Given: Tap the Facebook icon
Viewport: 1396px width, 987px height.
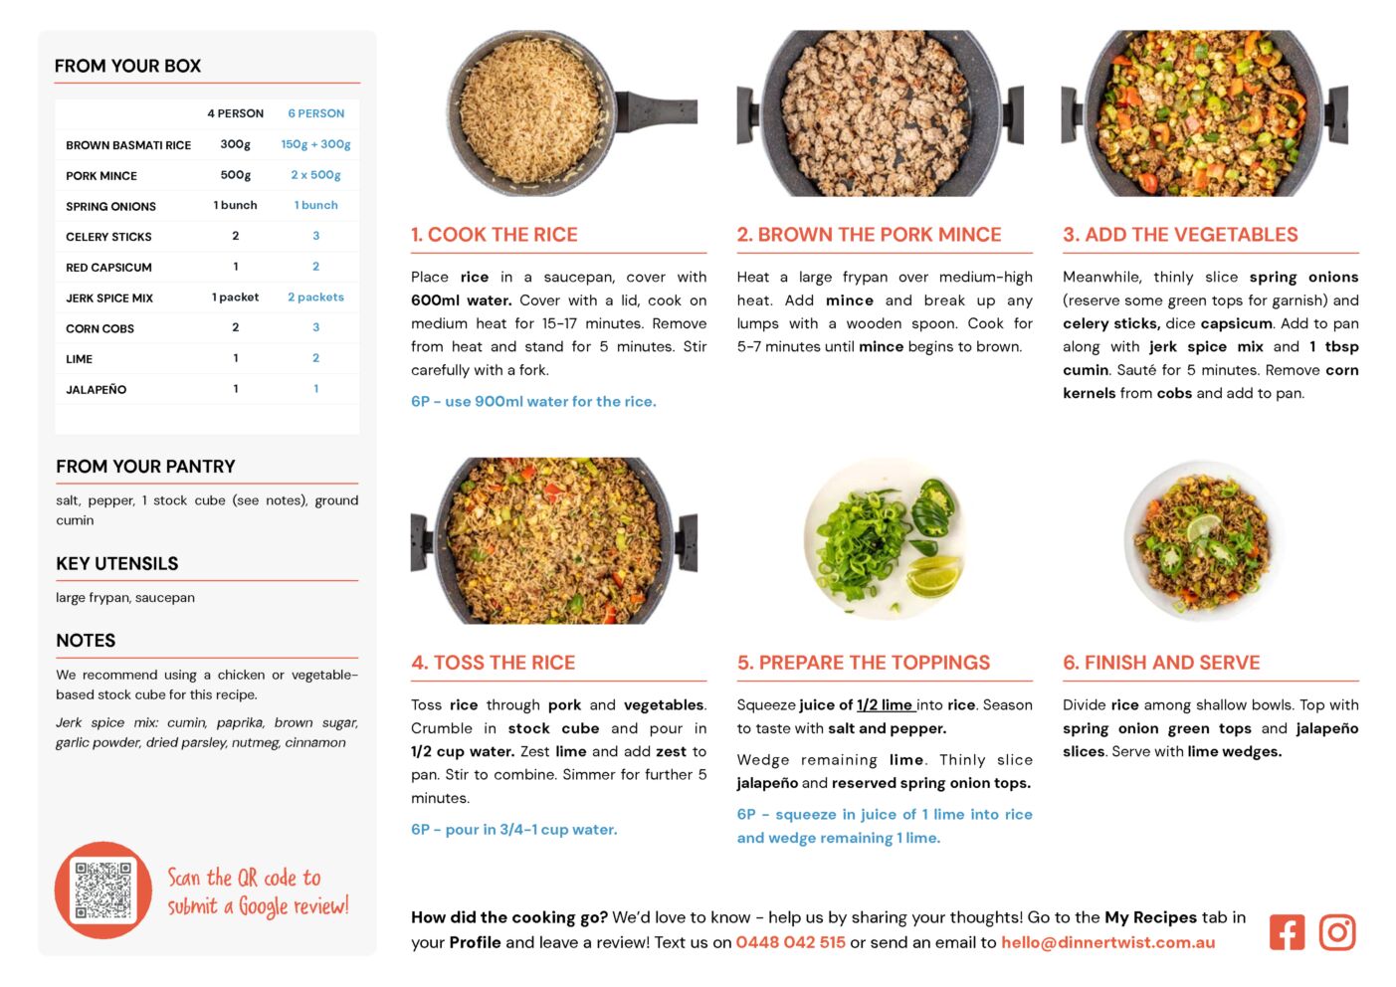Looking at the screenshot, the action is tap(1287, 932).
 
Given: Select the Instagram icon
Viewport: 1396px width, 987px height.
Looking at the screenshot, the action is tap(1336, 932).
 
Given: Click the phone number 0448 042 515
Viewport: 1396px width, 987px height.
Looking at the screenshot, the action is tap(790, 942).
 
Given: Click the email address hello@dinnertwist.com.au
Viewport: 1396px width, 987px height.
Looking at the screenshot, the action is tap(1108, 942).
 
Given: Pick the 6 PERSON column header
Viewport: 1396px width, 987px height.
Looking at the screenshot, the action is tap(316, 113).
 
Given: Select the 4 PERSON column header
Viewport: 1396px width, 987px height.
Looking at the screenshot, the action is tap(236, 113).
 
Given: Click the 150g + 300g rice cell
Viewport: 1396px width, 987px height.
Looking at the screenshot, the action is tap(316, 144).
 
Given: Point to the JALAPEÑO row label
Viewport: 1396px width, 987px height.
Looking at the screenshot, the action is tap(96, 389).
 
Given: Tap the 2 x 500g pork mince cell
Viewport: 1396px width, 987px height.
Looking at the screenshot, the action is tap(316, 175).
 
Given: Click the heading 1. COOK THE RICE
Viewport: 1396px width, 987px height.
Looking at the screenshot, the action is tap(495, 234).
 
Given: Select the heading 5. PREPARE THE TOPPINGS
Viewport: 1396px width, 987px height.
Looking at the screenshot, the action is tap(863, 663).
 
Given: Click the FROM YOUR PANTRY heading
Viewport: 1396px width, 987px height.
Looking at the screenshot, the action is tap(146, 466).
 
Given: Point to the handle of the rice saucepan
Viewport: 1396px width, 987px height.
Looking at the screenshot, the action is tap(658, 110).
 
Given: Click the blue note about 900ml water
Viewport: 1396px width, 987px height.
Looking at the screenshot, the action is tap(533, 401).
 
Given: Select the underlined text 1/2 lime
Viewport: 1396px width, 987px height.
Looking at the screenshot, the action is tap(885, 704).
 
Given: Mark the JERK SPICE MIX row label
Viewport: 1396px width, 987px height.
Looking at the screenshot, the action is tap(109, 297).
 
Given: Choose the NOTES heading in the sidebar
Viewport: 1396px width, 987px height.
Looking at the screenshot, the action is tap(86, 640).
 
